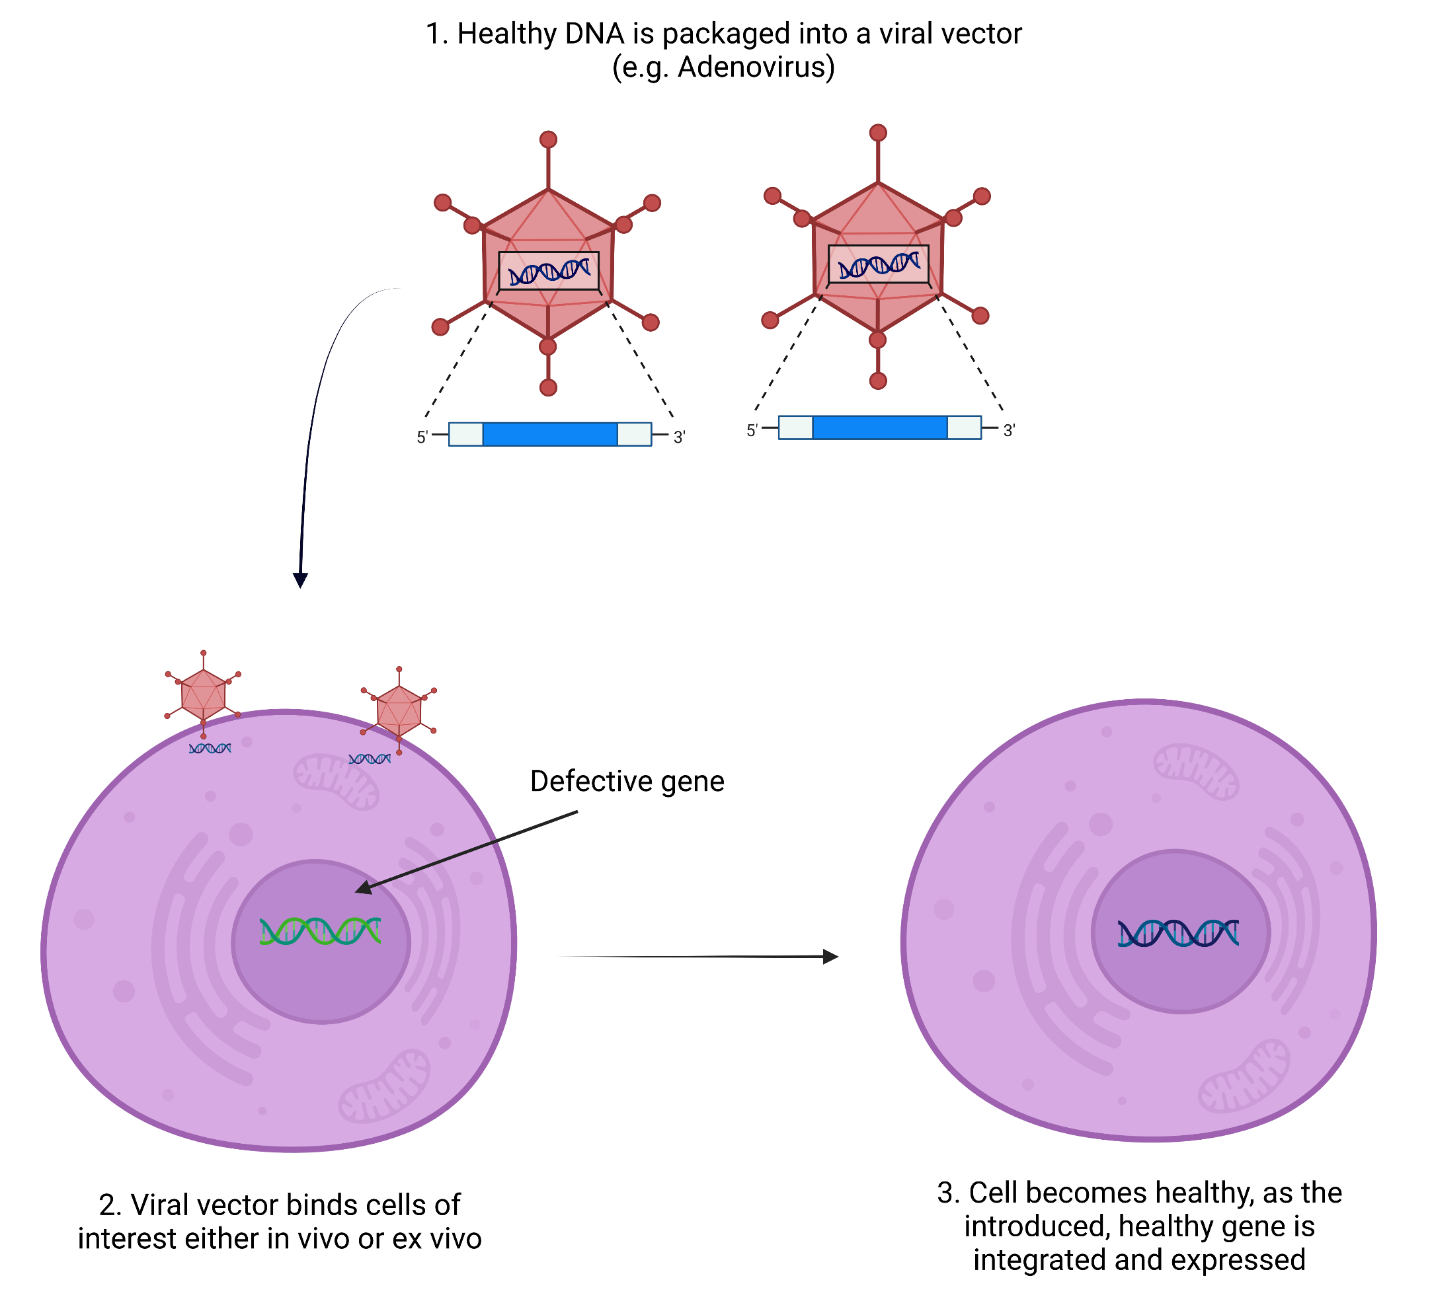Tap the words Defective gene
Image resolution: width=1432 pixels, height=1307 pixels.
pos(627,781)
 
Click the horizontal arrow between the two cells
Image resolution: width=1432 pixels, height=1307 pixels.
pos(699,957)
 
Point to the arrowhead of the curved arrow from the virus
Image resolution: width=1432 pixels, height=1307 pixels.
pos(300,579)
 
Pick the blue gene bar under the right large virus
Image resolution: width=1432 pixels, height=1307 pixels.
pos(879,428)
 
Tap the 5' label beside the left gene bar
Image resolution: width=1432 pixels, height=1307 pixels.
pos(422,437)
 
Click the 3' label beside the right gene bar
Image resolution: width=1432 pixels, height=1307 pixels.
pos(1010,431)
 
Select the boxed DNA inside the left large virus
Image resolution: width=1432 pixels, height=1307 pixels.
pos(548,271)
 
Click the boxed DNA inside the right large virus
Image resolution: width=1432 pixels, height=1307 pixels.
pos(878,264)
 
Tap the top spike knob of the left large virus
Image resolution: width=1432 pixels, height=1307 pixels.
pos(547,139)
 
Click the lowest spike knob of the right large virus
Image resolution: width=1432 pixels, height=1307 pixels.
pos(878,381)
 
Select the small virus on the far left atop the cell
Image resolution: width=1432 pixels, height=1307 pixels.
pos(203,694)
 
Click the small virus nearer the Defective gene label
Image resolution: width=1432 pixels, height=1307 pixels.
pos(399,710)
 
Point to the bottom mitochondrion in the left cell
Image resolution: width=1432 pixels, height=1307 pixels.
pos(384,1086)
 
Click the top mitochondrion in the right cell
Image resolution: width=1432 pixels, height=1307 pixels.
pos(1195,771)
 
